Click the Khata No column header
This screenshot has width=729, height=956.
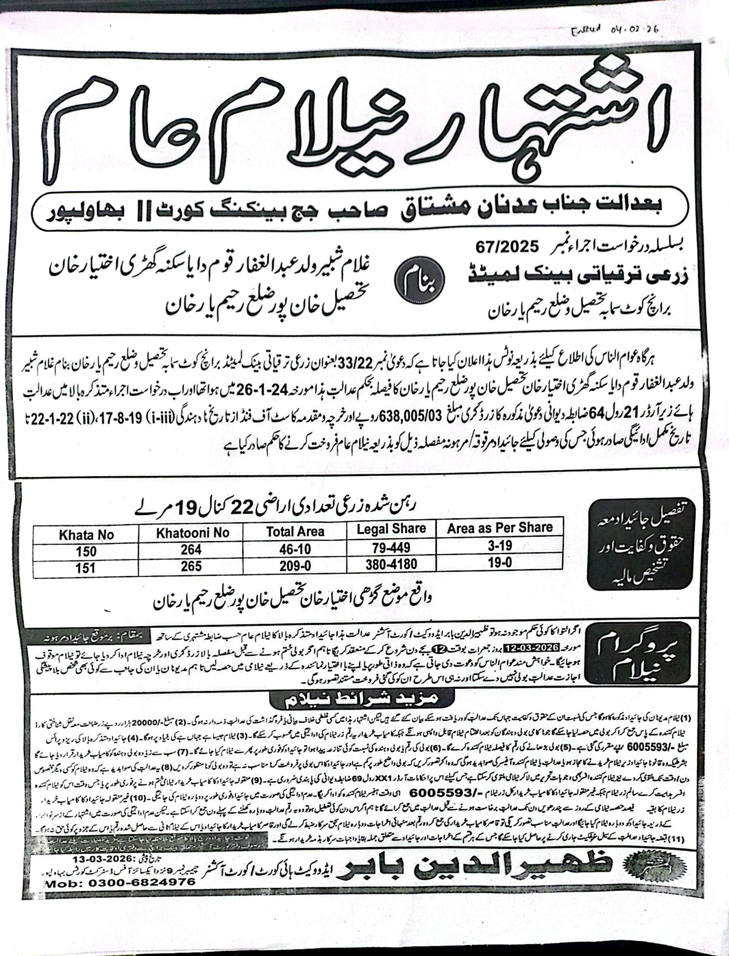[x=86, y=535]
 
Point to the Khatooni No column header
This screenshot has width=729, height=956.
[x=193, y=533]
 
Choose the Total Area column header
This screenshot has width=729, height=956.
[x=295, y=531]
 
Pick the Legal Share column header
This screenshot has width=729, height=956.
[x=391, y=529]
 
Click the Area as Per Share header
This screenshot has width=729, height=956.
[x=500, y=528]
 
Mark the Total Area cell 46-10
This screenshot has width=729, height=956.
[x=295, y=549]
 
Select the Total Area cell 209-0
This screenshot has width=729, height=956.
[x=295, y=565]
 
